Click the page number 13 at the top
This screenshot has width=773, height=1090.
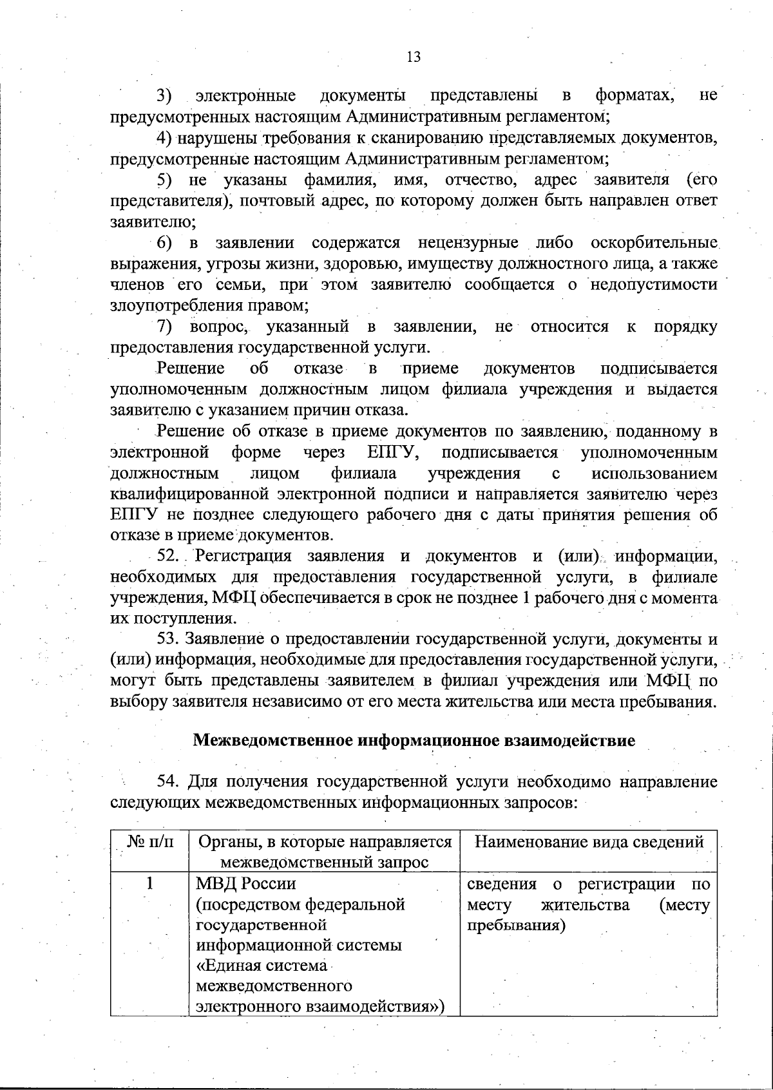[414, 57]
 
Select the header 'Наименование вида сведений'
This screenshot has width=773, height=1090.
[589, 842]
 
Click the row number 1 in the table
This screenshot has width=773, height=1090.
[149, 883]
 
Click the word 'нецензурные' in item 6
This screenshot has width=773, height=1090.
[468, 244]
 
